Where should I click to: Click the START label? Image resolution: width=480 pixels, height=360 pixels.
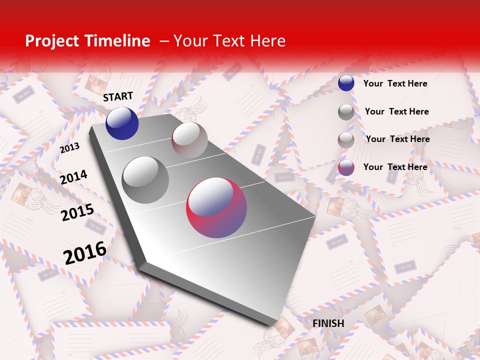pos(118,96)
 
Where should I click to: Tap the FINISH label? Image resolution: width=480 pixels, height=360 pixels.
pos(328,323)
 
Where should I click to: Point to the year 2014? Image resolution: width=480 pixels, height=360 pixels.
pos(73,177)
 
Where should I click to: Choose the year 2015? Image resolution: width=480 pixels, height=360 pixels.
pos(77,212)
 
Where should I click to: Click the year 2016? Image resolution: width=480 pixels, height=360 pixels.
pos(85,252)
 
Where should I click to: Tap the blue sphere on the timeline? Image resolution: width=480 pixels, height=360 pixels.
pos(122,123)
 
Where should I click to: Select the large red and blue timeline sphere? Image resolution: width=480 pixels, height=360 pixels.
pos(216,207)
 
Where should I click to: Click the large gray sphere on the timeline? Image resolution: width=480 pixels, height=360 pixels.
pos(145,179)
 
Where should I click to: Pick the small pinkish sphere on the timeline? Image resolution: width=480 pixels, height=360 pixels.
pos(189,139)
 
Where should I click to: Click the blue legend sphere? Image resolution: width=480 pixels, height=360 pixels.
pos(346,83)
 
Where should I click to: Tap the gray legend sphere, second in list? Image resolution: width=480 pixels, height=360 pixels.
pos(346,112)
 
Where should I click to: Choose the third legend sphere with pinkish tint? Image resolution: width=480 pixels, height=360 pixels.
pos(346,139)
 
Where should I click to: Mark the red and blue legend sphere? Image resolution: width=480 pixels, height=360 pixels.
pos(346,167)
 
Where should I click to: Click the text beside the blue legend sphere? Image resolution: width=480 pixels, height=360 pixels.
pos(395,83)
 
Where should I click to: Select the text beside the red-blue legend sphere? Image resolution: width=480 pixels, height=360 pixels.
pos(395,167)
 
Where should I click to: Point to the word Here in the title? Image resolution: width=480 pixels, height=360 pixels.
pos(267,41)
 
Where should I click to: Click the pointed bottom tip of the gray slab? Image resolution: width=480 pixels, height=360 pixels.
pos(274,327)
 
